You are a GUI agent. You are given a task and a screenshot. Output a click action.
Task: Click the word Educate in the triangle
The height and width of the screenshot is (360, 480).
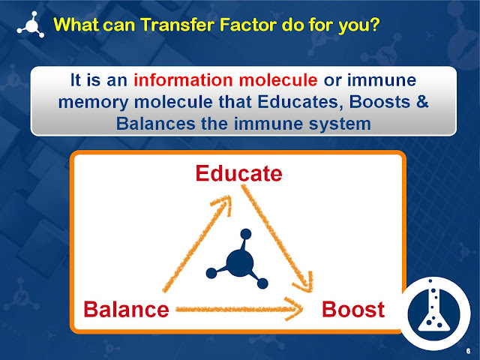[238, 174]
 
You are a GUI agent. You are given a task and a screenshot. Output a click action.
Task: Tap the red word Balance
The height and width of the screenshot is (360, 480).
[126, 308]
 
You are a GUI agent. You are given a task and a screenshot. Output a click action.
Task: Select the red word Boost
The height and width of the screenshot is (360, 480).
[353, 308]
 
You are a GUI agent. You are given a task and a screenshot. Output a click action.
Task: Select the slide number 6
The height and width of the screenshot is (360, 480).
[468, 350]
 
